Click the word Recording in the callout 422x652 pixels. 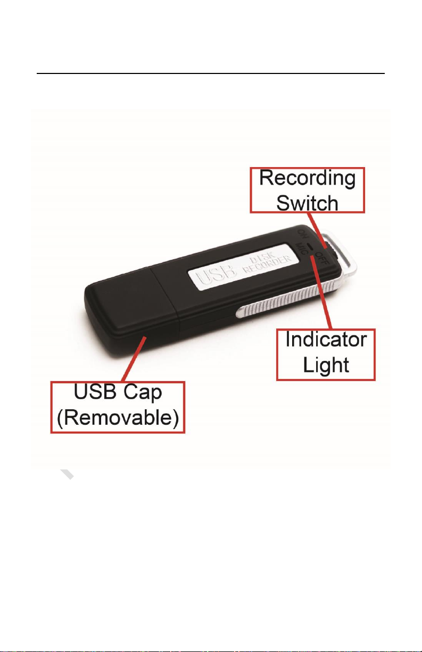coord(308,178)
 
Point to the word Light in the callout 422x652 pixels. coord(326,365)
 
